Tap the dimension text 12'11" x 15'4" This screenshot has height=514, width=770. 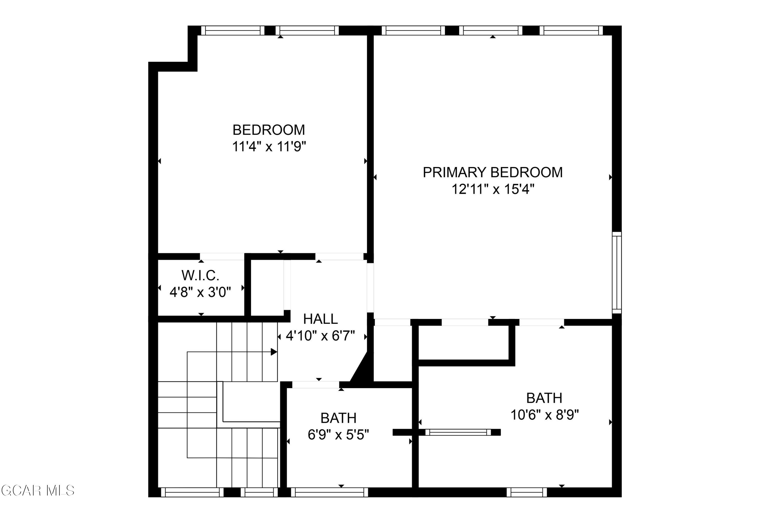click(x=493, y=189)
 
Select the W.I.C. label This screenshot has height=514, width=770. click(x=200, y=276)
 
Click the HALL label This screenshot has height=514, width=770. click(x=320, y=319)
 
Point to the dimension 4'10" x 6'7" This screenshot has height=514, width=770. click(x=320, y=336)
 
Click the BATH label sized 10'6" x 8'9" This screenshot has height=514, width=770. click(x=544, y=398)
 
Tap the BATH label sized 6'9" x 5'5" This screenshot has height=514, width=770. click(x=338, y=418)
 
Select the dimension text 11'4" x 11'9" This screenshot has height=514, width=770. click(x=269, y=146)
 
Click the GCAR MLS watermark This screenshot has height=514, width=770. click(x=38, y=491)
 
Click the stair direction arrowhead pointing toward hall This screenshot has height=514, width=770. click(x=274, y=352)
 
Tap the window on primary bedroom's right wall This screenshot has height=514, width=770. click(x=617, y=273)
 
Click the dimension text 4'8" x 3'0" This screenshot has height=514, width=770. click(x=200, y=292)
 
